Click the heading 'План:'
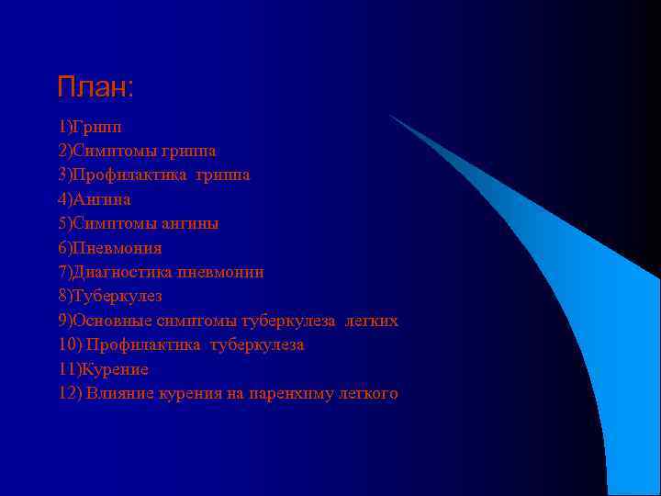click(x=95, y=88)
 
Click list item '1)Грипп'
click(x=89, y=126)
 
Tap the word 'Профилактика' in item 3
click(x=129, y=175)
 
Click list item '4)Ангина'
click(x=94, y=198)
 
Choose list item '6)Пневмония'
click(x=109, y=248)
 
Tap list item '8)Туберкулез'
click(x=109, y=296)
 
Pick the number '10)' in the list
click(x=70, y=345)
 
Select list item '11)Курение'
click(x=103, y=369)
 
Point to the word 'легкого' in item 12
click(x=366, y=394)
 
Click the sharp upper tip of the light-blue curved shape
click(x=390, y=116)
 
